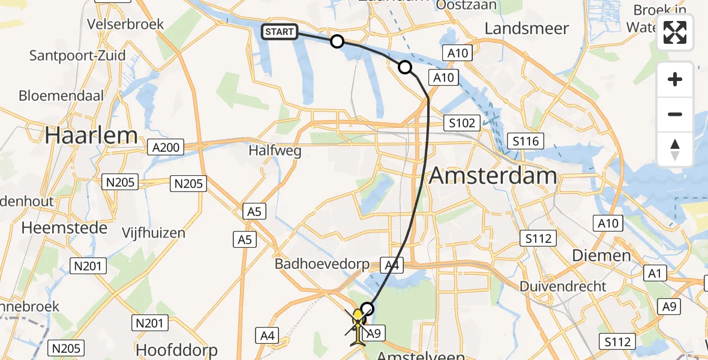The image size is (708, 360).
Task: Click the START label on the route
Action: coord(280,32)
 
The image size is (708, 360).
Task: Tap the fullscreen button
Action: coord(675,32)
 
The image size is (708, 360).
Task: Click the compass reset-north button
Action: coord(675,149)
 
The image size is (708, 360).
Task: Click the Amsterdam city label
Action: coord(493,176)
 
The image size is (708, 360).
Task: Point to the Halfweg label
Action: coord(275,151)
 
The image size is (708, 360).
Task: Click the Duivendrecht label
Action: coord(563,286)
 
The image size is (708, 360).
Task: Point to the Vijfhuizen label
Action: coord(153,232)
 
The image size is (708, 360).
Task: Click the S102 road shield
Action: coord(462,124)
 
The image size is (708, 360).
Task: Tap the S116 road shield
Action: coord(525,142)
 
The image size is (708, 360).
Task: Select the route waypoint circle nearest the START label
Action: coord(337,41)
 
